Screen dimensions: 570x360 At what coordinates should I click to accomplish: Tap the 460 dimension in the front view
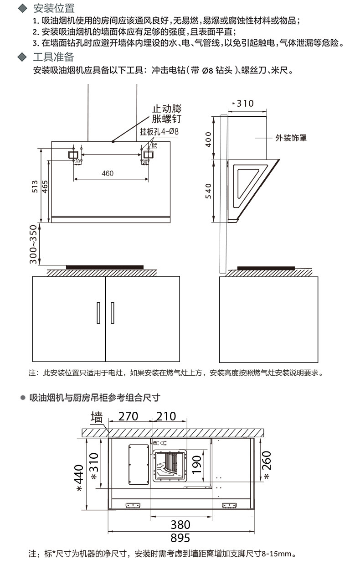pyautogui.click(x=108, y=173)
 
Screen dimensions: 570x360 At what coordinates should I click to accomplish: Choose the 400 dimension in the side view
pyautogui.click(x=209, y=139)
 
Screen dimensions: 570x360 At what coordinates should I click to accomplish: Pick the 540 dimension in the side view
pyautogui.click(x=209, y=190)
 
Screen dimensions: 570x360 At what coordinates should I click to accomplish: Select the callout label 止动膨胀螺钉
pyautogui.click(x=166, y=114)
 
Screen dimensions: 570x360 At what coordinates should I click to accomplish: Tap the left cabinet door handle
pyautogui.click(x=98, y=312)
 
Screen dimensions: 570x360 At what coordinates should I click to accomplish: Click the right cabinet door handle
pyautogui.click(x=113, y=312)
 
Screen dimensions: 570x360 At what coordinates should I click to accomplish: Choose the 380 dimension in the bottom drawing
pyautogui.click(x=180, y=524)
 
